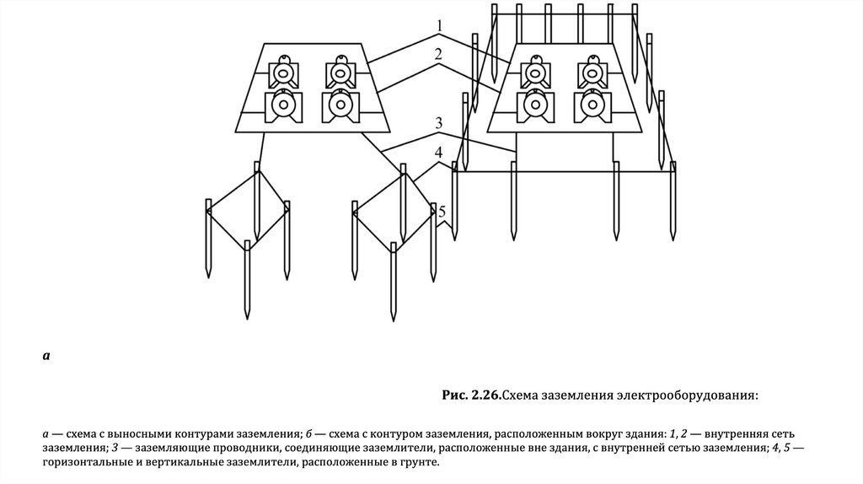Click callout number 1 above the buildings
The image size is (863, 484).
click(x=438, y=26)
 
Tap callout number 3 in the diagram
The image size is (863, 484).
click(x=438, y=124)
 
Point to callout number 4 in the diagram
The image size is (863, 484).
click(x=438, y=153)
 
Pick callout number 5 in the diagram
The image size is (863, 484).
click(x=442, y=211)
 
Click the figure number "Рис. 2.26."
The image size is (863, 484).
click(x=472, y=395)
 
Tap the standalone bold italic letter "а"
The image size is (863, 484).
click(x=46, y=356)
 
